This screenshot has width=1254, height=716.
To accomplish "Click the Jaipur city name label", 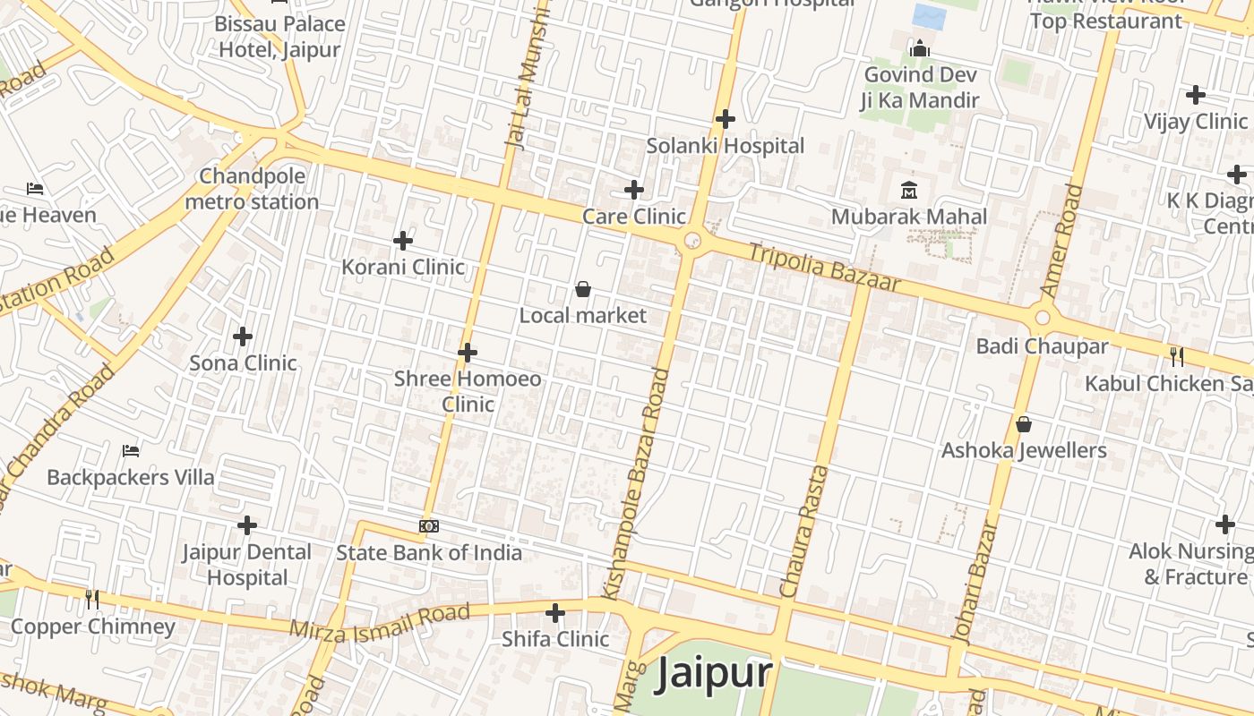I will coord(713,674).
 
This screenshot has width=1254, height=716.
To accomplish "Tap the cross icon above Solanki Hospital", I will coord(726,119).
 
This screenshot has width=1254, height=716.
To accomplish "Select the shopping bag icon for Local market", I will coord(583,289).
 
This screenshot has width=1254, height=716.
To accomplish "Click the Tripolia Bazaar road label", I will coord(824,267).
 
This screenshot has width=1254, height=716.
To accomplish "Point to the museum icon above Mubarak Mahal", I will coord(909,190).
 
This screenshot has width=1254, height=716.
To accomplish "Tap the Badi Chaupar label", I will coord(1042,346).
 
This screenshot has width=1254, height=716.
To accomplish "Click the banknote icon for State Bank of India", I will coord(429,526).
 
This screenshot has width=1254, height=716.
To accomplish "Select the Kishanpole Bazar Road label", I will coord(636,483).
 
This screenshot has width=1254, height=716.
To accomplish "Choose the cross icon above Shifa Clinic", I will coord(555,613).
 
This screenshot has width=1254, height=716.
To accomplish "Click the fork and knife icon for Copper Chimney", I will coord(92,599).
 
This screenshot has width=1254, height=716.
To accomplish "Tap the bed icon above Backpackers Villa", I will coord(131,450).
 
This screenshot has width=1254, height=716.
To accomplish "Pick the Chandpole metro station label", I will coord(252,189).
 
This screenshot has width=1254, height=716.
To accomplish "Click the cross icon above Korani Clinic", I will coord(403,240).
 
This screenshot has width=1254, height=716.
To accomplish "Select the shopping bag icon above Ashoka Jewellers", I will coord(1024,424).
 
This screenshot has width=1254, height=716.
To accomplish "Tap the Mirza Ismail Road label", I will coord(380,621).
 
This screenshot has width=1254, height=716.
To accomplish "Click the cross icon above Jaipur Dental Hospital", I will coord(247,525).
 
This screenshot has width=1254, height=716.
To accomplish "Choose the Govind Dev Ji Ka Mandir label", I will coord(920,88).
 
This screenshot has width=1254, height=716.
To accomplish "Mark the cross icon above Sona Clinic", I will coord(243,337).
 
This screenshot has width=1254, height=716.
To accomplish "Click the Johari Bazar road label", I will coord(975,582).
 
